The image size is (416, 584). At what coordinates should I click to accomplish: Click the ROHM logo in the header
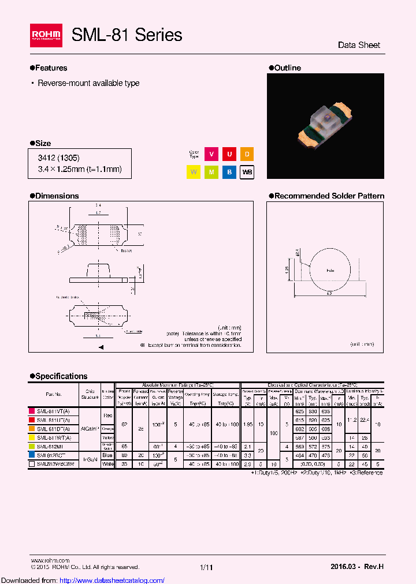pos(46,36)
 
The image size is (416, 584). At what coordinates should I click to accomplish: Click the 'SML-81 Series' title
pos(127,35)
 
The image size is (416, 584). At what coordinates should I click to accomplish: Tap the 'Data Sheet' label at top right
pos(359,45)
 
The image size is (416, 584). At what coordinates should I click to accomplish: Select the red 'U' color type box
pos(229,154)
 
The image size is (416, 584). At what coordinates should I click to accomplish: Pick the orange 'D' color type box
pos(247,154)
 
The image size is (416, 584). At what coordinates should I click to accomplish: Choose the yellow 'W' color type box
pos(193,172)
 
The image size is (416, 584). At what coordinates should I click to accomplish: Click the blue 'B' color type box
pos(229,172)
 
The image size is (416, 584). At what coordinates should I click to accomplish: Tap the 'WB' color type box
pos(247,172)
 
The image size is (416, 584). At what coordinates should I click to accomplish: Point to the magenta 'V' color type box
pos(211,154)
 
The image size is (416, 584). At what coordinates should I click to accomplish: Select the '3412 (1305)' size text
pos(59,158)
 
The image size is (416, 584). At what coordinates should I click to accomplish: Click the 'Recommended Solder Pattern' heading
pos(329,196)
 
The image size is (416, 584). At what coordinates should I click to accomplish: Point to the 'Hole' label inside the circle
pos(330,270)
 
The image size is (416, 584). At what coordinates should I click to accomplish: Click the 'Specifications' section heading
pos(61,376)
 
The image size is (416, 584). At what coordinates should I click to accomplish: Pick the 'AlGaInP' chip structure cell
pos(90,428)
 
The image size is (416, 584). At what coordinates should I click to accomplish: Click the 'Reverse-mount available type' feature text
pos(88,83)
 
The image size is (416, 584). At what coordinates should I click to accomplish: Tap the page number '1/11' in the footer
pos(207,568)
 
